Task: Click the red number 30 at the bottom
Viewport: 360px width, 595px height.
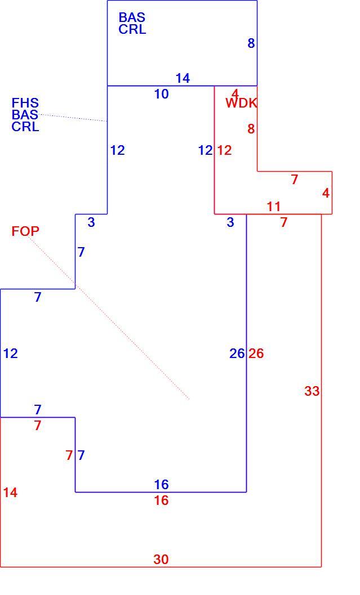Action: [161, 560]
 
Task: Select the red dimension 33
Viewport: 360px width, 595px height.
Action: [312, 391]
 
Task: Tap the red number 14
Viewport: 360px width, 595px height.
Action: [10, 493]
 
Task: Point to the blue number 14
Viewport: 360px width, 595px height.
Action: [183, 78]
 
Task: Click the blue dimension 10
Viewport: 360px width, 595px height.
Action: [161, 94]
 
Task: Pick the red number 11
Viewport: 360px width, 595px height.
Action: [273, 207]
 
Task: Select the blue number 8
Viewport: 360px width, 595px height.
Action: [251, 43]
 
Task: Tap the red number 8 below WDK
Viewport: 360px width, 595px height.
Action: [251, 129]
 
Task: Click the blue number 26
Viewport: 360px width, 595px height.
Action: [237, 354]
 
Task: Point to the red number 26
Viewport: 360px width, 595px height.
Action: [256, 354]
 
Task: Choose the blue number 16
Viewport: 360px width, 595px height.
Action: [161, 485]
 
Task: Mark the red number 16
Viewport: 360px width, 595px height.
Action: [161, 500]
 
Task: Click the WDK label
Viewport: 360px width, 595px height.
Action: [241, 103]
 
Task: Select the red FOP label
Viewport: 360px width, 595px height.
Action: [25, 231]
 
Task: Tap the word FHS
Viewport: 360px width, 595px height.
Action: [25, 103]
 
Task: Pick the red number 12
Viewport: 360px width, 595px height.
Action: [224, 151]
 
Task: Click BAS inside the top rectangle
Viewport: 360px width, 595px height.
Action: [132, 17]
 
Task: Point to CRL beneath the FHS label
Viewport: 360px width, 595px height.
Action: [25, 126]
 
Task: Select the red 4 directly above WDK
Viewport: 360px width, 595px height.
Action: [235, 93]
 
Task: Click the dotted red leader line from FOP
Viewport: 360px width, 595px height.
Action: [108, 318]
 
